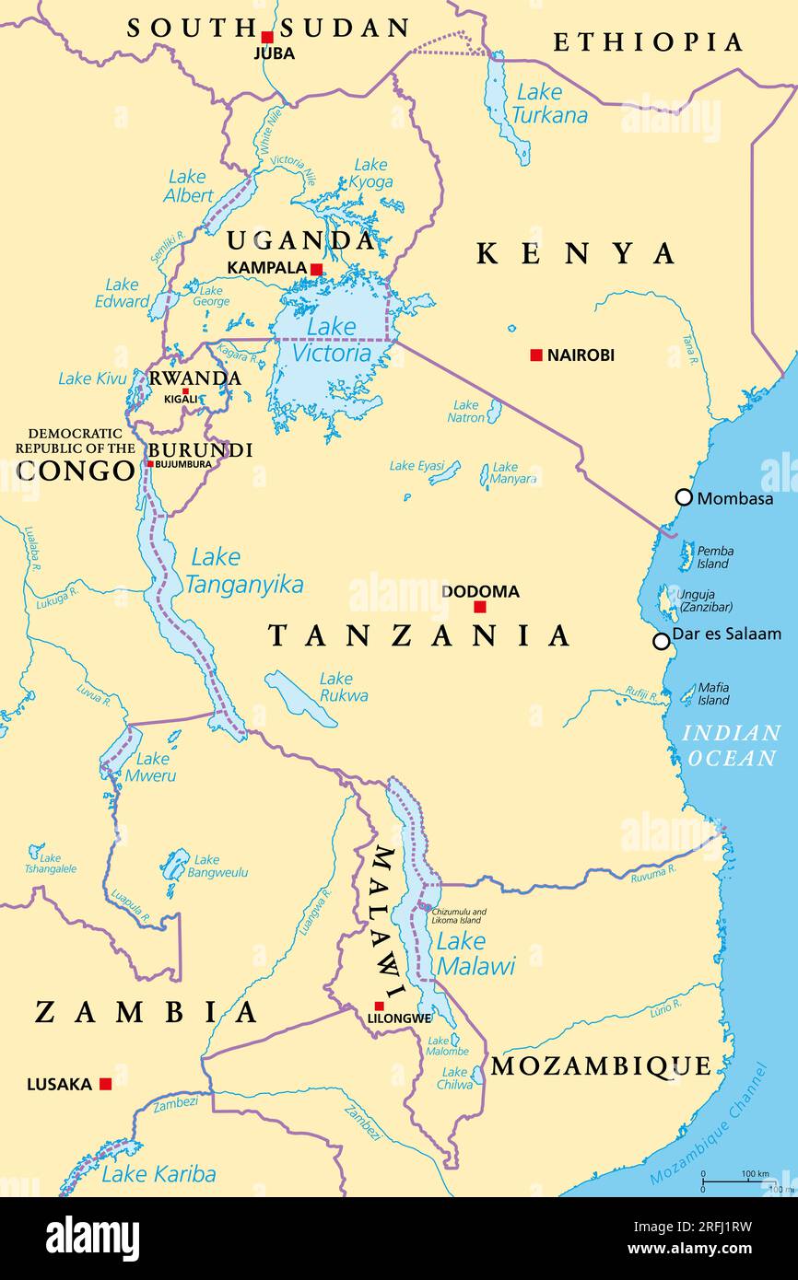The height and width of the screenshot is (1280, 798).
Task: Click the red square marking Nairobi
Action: point(536,355)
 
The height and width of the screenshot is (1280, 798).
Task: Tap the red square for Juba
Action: point(267,38)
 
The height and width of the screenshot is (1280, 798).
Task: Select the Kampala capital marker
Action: point(316,269)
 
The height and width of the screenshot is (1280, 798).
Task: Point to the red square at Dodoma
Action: point(479,606)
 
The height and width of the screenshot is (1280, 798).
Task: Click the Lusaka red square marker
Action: point(105,1084)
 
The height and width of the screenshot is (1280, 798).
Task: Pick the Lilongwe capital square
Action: point(379,1006)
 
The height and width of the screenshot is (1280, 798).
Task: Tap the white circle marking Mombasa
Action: point(684,497)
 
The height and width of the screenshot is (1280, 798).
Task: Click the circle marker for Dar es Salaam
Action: point(661,641)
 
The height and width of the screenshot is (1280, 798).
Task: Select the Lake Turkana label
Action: point(549,104)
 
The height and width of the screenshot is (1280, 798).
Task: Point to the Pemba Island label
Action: point(715,557)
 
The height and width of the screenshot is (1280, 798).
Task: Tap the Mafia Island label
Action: point(713,693)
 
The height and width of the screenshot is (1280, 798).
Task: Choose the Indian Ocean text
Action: point(731,746)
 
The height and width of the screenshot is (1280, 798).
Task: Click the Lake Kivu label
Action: point(92,378)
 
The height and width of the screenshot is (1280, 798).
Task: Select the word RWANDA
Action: point(195,378)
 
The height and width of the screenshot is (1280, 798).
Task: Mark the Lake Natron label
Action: point(466,412)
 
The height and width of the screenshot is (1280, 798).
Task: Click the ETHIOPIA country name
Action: point(648,42)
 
